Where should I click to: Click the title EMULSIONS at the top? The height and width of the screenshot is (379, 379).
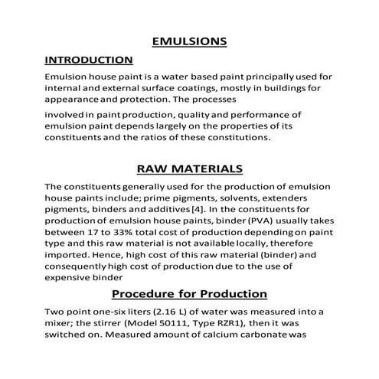[x=188, y=39]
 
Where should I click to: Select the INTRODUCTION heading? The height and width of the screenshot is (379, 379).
[x=89, y=59]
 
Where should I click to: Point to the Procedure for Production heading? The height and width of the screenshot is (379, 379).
[x=189, y=292]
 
